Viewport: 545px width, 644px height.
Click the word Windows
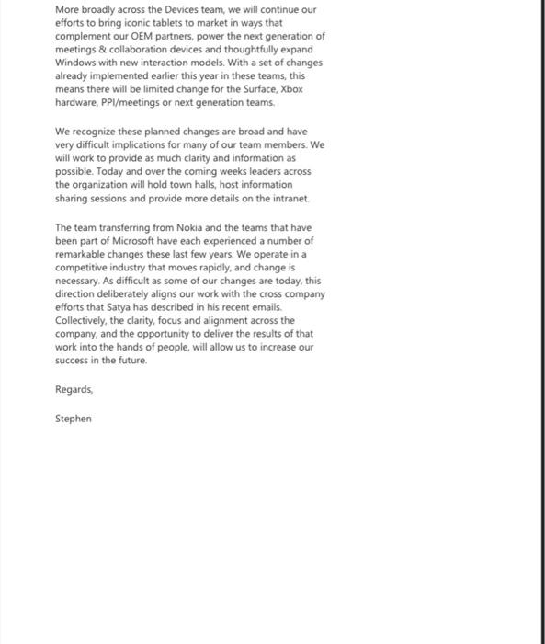tap(76, 63)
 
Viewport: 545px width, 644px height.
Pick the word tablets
tap(160, 23)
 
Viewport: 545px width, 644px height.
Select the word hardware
tap(76, 102)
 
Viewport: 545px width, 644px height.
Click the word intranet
tap(289, 198)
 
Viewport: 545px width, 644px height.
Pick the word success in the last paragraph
tap(73, 361)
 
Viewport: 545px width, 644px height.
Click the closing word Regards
tap(74, 390)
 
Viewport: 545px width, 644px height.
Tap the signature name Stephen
tap(74, 419)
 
